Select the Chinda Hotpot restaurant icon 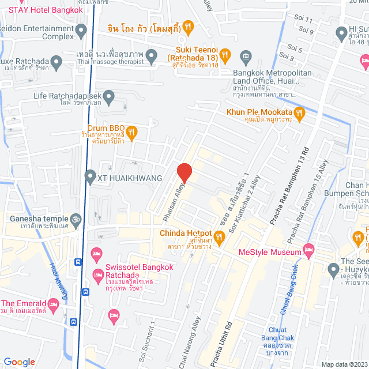click(x=219, y=236)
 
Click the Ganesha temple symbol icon click(x=74, y=219)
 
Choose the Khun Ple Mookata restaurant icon click(x=299, y=112)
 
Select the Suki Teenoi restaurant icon click(x=227, y=55)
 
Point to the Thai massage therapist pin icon click(x=152, y=57)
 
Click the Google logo click(x=19, y=362)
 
